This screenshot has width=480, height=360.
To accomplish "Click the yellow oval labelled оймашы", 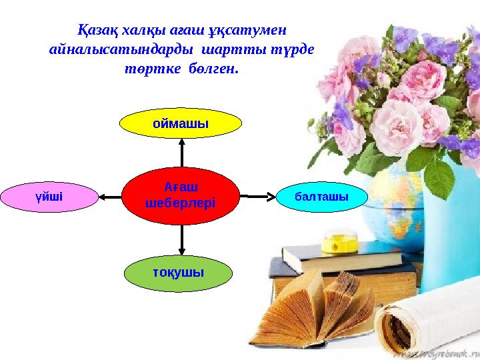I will [x=180, y=123].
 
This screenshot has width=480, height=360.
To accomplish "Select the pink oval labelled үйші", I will [x=49, y=197].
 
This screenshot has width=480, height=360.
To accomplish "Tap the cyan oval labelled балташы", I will [x=322, y=197].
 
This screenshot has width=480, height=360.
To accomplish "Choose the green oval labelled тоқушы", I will [x=178, y=273].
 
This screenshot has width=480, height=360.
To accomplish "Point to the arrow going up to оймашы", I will [x=181, y=152].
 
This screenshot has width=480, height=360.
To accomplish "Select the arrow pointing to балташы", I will [x=257, y=196].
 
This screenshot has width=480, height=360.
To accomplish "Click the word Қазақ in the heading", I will [x=96, y=29].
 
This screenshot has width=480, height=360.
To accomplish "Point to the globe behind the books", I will [x=387, y=200].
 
